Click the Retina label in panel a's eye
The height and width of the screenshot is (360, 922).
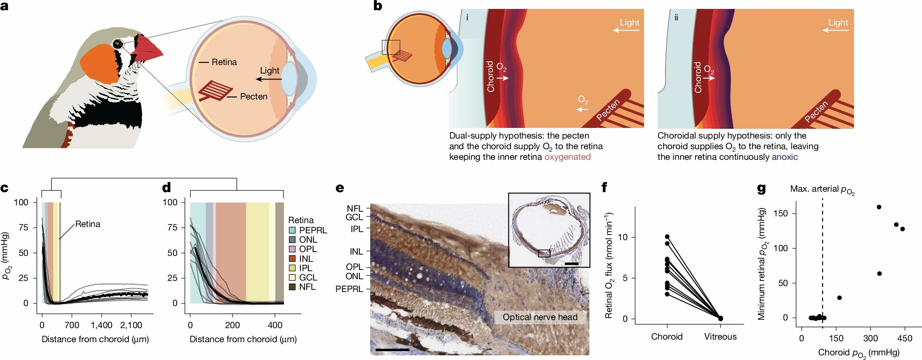pos(224,62)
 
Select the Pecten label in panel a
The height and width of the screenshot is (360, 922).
pos(253,96)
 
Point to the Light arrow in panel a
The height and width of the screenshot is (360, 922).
pos(270,79)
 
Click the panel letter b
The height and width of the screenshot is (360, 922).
pos(377,6)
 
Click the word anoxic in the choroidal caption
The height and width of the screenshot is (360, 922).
pos(785,157)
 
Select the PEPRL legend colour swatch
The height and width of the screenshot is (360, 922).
pos(292,230)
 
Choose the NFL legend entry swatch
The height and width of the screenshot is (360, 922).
pos(292,287)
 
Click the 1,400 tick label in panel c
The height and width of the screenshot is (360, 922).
pos(102,325)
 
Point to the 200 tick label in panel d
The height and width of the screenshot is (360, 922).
pos(233,325)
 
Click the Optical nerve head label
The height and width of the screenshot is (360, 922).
pos(540,317)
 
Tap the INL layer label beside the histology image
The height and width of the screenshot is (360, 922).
pos(356,252)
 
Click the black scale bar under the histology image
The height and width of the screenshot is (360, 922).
pos(392,350)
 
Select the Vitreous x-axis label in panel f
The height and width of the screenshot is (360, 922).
pos(720,337)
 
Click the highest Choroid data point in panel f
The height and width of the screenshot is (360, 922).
pos(667,236)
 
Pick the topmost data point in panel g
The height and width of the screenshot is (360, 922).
pos(879,207)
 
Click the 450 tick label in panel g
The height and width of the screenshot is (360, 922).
pos(905,338)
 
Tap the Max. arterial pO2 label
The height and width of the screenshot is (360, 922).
pos(822,190)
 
